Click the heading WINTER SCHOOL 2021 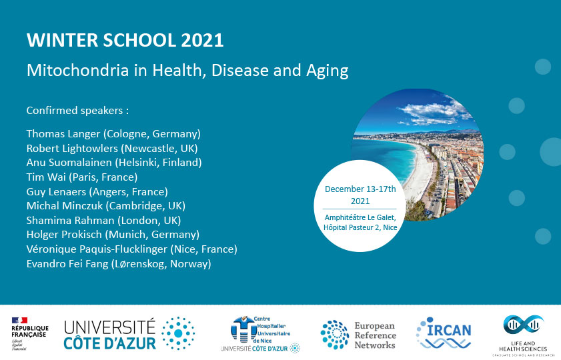(x=125, y=40)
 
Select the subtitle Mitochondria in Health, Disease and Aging (x=187, y=71)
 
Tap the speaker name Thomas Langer (x=63, y=134)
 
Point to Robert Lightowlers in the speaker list (x=72, y=149)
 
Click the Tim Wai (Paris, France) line (x=82, y=177)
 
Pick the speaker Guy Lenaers (x=56, y=191)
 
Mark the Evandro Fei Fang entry (x=67, y=264)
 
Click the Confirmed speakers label (x=77, y=111)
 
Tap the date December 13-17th (x=360, y=189)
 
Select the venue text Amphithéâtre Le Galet (x=360, y=217)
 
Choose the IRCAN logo (x=444, y=333)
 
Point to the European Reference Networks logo (x=358, y=335)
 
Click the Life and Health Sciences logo (x=523, y=335)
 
